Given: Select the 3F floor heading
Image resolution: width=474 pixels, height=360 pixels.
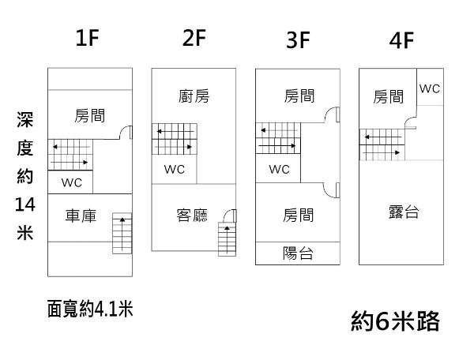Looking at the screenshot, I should (298, 39).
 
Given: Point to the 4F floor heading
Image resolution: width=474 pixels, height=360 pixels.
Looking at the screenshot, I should (402, 39).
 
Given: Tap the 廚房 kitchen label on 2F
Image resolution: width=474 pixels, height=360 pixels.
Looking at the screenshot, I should (194, 96).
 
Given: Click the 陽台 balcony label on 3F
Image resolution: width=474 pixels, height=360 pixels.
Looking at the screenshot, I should (298, 253).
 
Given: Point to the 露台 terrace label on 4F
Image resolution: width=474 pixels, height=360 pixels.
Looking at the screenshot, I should (404, 212).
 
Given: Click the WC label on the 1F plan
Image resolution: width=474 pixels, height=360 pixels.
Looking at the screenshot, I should (71, 182).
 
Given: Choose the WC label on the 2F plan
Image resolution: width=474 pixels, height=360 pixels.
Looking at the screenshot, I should (175, 169).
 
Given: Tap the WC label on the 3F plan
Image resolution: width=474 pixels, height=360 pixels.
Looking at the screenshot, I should (279, 169).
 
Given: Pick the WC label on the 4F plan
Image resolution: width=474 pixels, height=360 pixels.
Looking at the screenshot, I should (430, 88).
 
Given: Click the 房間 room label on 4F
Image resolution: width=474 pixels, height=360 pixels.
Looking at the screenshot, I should (389, 96).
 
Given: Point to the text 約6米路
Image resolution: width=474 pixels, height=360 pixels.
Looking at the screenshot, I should (394, 321).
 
